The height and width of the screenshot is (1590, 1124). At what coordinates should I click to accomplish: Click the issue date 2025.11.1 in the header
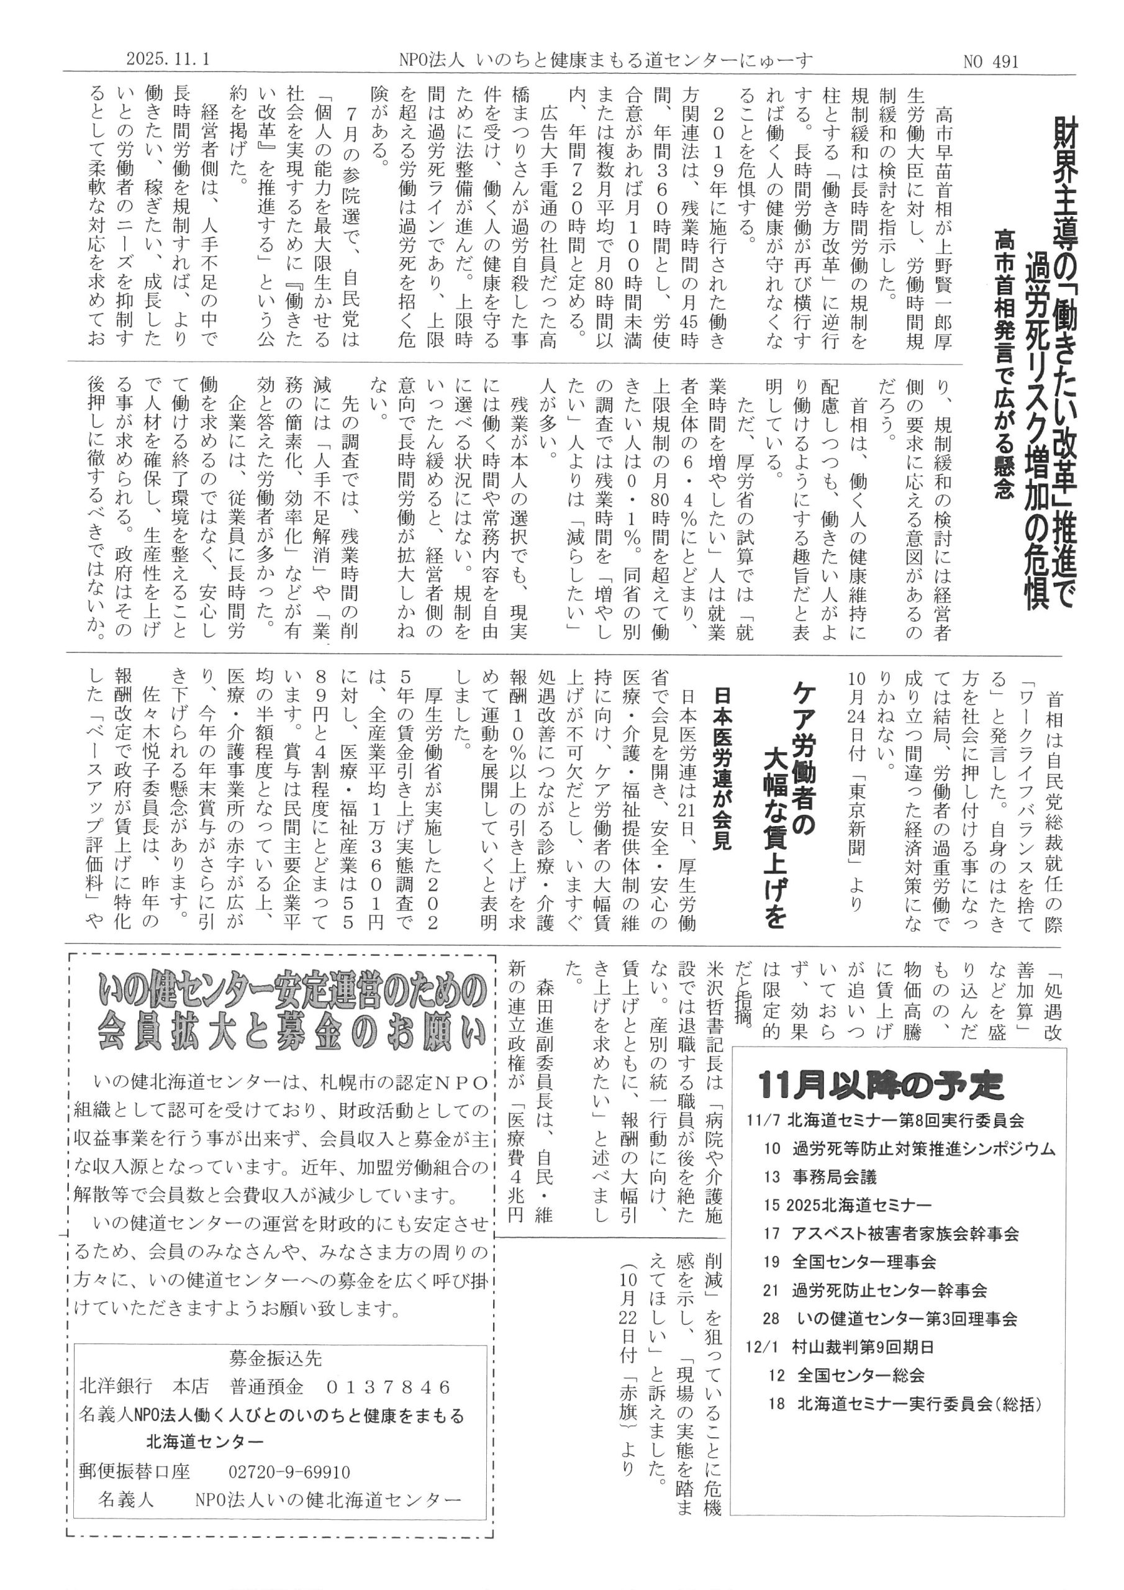[x=168, y=61]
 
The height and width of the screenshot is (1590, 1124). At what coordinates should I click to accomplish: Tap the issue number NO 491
[x=991, y=61]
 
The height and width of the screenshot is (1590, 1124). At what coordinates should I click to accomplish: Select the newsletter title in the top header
[x=599, y=61]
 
